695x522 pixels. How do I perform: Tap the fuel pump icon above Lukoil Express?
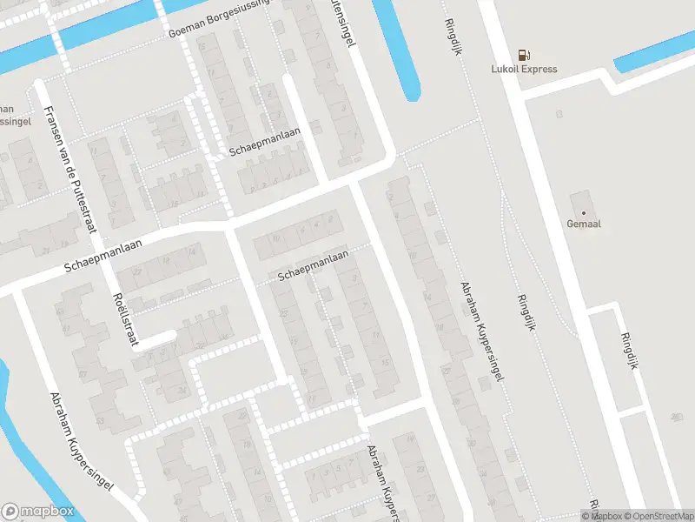[525, 54]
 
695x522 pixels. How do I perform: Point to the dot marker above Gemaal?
[584, 212]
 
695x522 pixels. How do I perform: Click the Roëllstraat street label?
[127, 319]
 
